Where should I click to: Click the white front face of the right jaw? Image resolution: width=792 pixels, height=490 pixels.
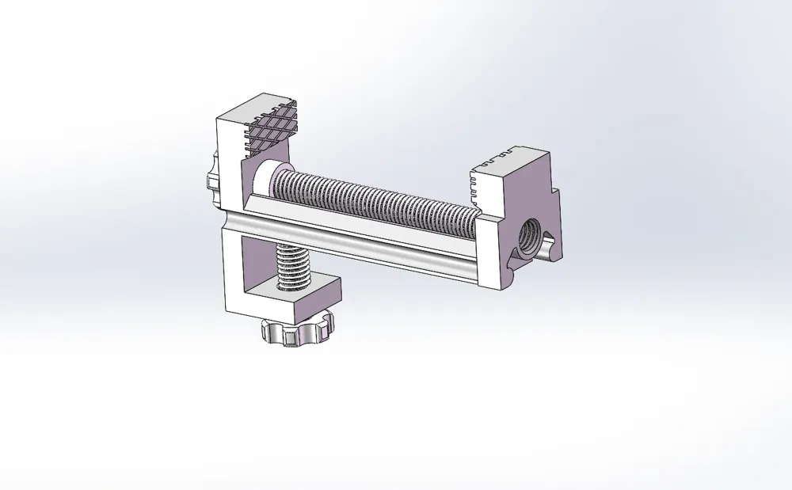point(491,253)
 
